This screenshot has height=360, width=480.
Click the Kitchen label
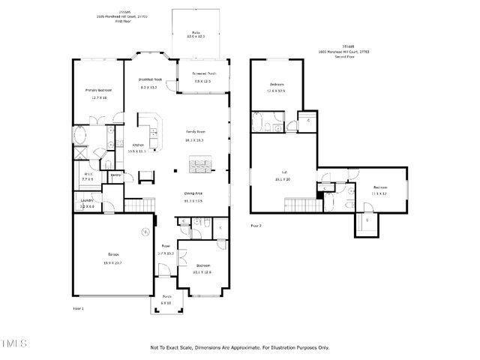[138, 145]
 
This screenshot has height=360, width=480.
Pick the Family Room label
[195, 132]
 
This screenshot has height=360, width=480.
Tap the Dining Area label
[193, 193]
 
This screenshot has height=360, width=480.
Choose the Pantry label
[116, 175]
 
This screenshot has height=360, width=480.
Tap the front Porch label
[166, 296]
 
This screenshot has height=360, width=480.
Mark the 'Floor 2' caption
[256, 223]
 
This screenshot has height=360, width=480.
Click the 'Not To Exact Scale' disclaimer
[239, 348]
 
